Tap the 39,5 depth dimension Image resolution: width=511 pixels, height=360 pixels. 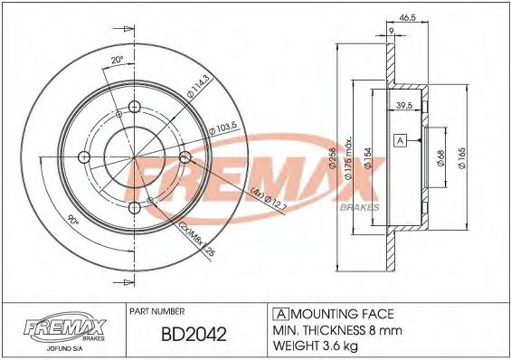(x=406, y=107)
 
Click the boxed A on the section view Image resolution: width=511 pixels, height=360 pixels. (x=399, y=140)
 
